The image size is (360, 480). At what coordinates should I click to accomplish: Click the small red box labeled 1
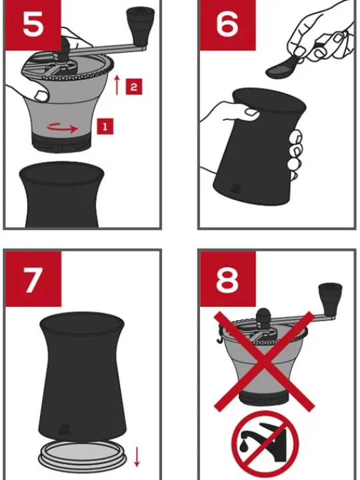tap(105, 127)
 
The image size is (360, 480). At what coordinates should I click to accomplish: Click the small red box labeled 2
tap(134, 87)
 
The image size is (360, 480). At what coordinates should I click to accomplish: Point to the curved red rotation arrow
tap(63, 127)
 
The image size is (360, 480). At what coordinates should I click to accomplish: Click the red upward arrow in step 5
tap(116, 85)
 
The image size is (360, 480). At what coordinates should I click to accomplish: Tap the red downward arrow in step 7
tap(137, 457)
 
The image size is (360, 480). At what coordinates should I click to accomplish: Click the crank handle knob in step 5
tap(140, 23)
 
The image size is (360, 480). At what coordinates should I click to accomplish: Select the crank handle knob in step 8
tap(330, 298)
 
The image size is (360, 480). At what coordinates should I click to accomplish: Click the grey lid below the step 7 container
tap(83, 457)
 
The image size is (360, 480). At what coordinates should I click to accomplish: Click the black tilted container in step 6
tap(260, 147)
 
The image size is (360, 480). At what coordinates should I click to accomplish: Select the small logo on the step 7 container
tap(65, 429)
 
